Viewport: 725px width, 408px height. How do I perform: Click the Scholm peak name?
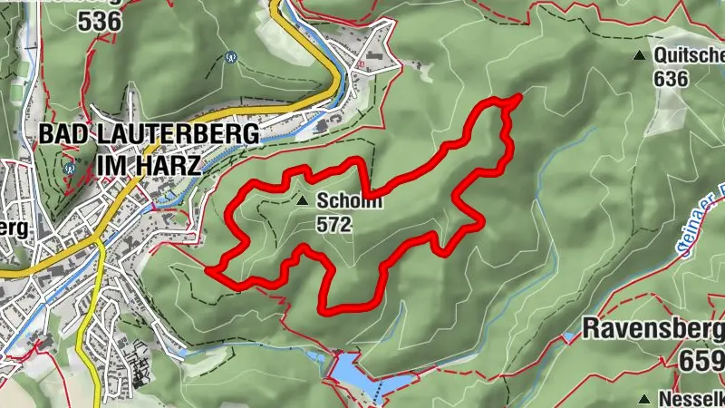click(349, 202)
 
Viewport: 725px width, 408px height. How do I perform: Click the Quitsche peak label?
click(690, 56)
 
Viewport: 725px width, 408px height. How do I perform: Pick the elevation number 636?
click(671, 78)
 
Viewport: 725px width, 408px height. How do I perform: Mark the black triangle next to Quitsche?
click(641, 56)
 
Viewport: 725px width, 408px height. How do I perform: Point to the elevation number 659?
click(701, 358)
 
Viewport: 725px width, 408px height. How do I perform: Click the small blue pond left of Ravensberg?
click(568, 338)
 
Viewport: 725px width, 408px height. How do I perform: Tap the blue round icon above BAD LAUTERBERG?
click(232, 56)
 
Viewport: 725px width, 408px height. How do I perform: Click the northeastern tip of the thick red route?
click(519, 96)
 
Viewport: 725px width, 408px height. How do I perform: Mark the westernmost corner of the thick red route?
click(209, 269)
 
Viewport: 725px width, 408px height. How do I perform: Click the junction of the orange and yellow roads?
click(100, 241)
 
